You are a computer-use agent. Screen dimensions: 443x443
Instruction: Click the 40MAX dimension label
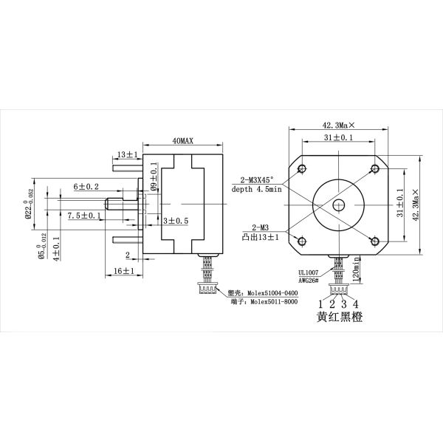(182, 140)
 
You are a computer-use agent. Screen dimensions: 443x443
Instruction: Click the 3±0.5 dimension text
(176, 221)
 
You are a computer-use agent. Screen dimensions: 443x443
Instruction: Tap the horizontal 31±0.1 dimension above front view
(338, 138)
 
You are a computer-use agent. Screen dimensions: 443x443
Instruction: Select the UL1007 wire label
(307, 271)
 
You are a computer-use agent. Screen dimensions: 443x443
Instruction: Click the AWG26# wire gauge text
(308, 281)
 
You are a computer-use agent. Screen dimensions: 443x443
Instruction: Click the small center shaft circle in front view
(339, 205)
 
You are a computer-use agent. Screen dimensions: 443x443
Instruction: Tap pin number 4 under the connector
(356, 303)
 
